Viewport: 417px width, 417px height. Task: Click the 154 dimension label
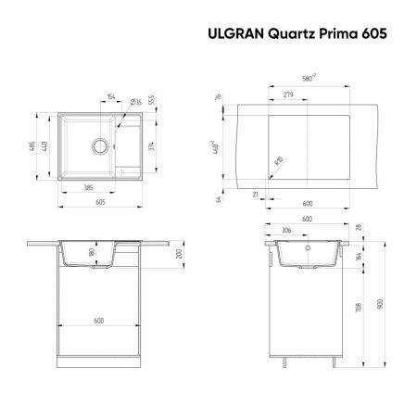click(x=110, y=95)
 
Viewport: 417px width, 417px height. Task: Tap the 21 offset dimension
click(x=256, y=194)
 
